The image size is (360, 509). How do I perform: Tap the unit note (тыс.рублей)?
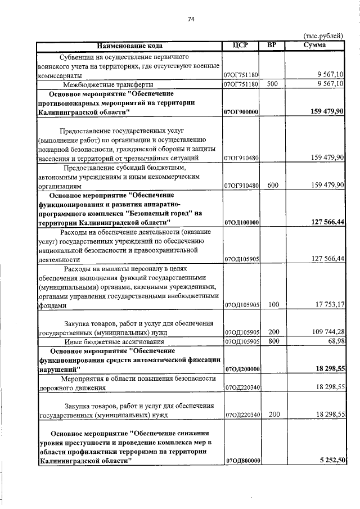click(323, 37)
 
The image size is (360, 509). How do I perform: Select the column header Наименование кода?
click(129, 46)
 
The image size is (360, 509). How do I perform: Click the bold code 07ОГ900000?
click(241, 112)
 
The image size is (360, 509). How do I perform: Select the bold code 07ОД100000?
click(241, 223)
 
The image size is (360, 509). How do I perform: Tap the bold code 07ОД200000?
click(241, 369)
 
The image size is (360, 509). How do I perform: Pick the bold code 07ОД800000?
click(241, 461)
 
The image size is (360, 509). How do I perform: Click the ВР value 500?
click(273, 84)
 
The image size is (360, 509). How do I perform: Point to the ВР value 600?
click(273, 185)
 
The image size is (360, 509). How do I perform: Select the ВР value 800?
click(273, 341)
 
